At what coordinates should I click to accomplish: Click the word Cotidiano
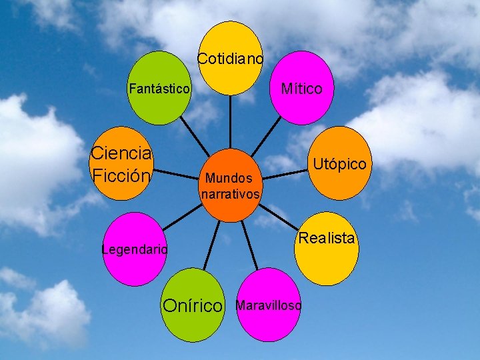pyautogui.click(x=231, y=59)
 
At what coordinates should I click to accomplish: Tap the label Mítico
pyautogui.click(x=301, y=89)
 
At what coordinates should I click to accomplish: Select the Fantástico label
pyautogui.click(x=160, y=88)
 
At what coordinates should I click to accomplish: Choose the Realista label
pyautogui.click(x=327, y=238)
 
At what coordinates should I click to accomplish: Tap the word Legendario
pyautogui.click(x=134, y=250)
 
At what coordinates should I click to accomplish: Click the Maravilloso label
pyautogui.click(x=269, y=305)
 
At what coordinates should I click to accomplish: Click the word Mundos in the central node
pyautogui.click(x=229, y=178)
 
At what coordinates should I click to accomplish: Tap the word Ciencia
pyautogui.click(x=121, y=153)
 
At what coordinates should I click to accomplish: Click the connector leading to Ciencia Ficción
pyautogui.click(x=177, y=173)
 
